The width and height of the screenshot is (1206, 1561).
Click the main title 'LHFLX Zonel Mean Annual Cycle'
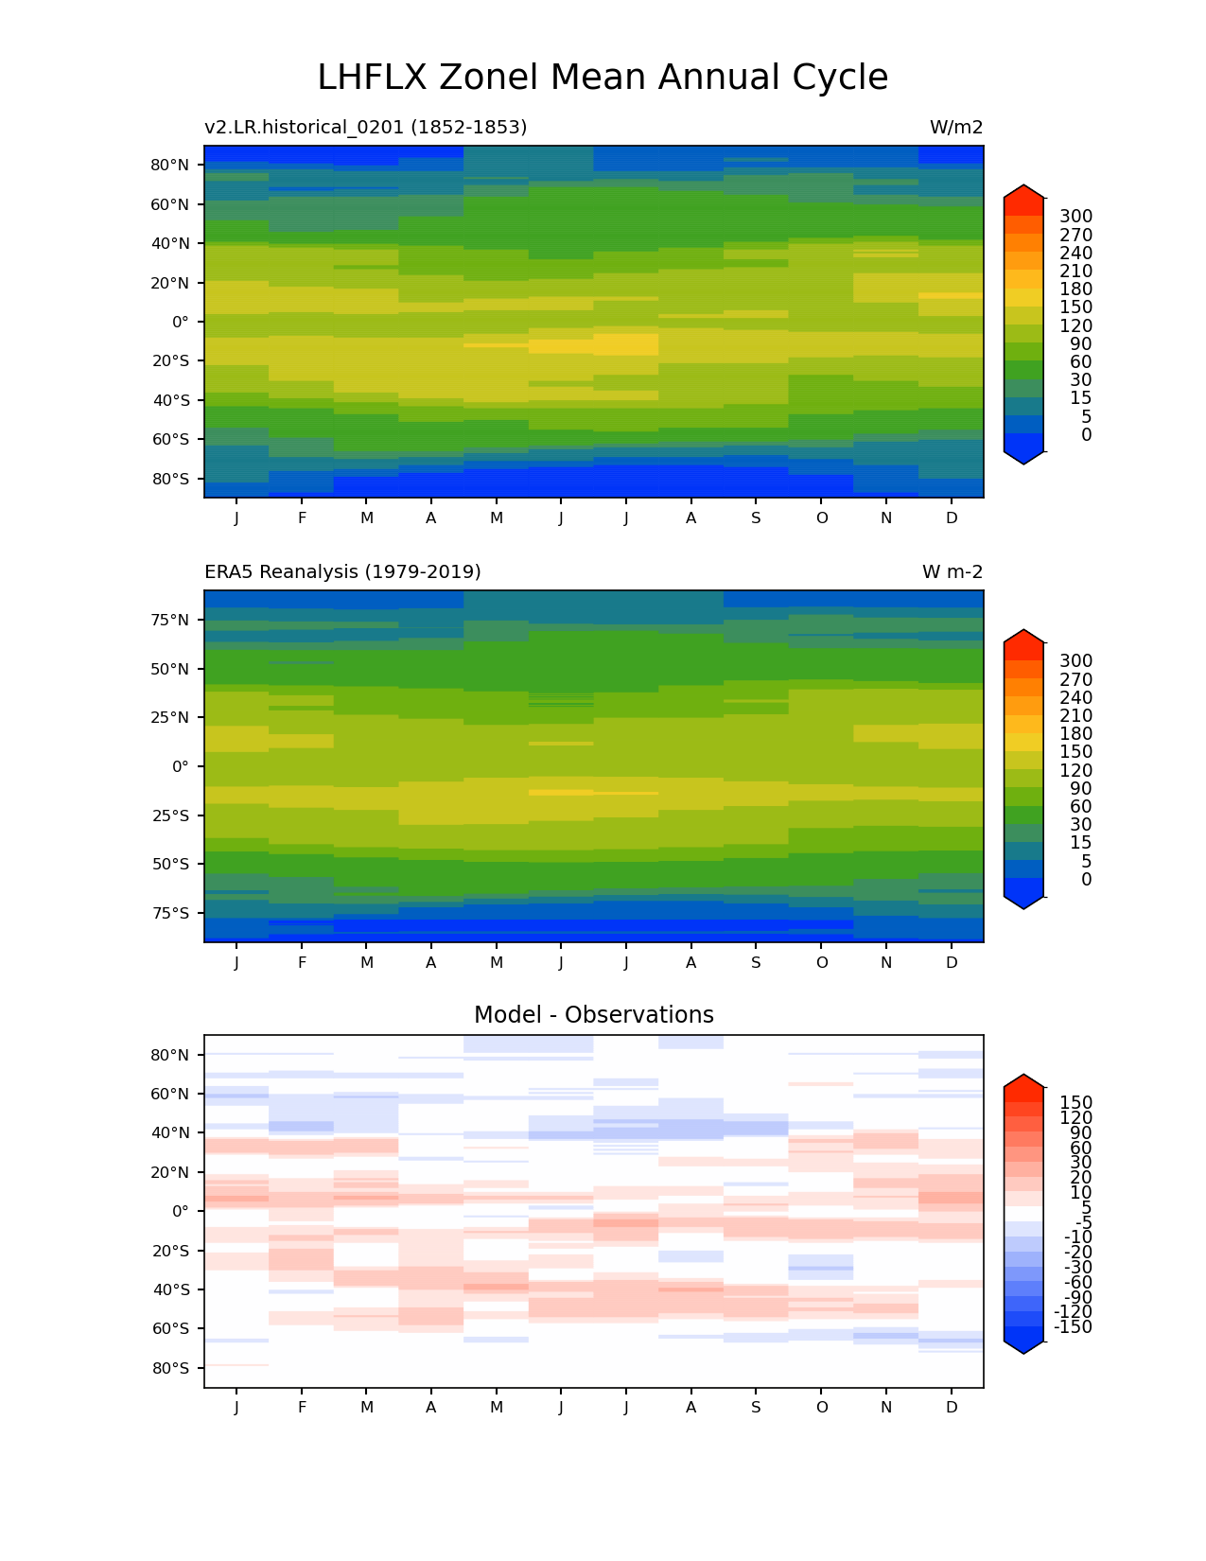click(603, 78)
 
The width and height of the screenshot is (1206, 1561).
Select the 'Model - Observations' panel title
click(593, 1015)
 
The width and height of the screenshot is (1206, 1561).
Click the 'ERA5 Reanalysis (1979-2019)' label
click(342, 571)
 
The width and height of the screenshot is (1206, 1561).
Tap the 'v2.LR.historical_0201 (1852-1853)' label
click(365, 127)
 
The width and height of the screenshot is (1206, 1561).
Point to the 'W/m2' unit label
click(956, 127)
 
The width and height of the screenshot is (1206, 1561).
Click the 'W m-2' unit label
click(953, 571)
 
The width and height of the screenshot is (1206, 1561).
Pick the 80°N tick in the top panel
click(170, 165)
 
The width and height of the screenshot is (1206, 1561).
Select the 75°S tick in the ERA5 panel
click(170, 913)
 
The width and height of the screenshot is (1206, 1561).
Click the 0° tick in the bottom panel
click(180, 1211)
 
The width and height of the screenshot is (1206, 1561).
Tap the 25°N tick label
click(170, 717)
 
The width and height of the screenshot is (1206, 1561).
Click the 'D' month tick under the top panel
click(952, 517)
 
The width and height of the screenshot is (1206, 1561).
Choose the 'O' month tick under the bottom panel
click(822, 1407)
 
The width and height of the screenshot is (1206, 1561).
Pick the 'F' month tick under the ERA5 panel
click(302, 962)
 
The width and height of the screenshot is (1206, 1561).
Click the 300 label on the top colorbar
click(1075, 217)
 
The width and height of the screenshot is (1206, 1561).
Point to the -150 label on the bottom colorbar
click(1073, 1327)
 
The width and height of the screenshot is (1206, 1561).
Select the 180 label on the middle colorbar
click(1075, 734)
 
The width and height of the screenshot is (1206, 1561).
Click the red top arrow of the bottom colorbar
click(1024, 1081)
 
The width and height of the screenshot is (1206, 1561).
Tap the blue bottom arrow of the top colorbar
click(1024, 458)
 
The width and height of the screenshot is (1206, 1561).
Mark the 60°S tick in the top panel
click(170, 439)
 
